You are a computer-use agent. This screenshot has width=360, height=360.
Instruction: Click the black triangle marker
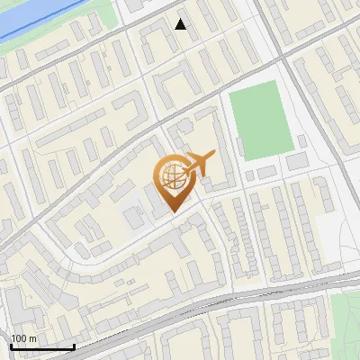point(181,24)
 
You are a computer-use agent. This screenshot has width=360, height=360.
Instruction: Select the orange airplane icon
point(198,165)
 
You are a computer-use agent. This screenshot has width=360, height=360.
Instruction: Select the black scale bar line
point(41,346)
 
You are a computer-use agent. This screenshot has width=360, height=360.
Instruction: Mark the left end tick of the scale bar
point(10,345)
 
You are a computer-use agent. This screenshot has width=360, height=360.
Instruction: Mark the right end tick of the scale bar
point(74,345)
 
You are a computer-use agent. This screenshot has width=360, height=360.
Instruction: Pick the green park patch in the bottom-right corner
point(347,315)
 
